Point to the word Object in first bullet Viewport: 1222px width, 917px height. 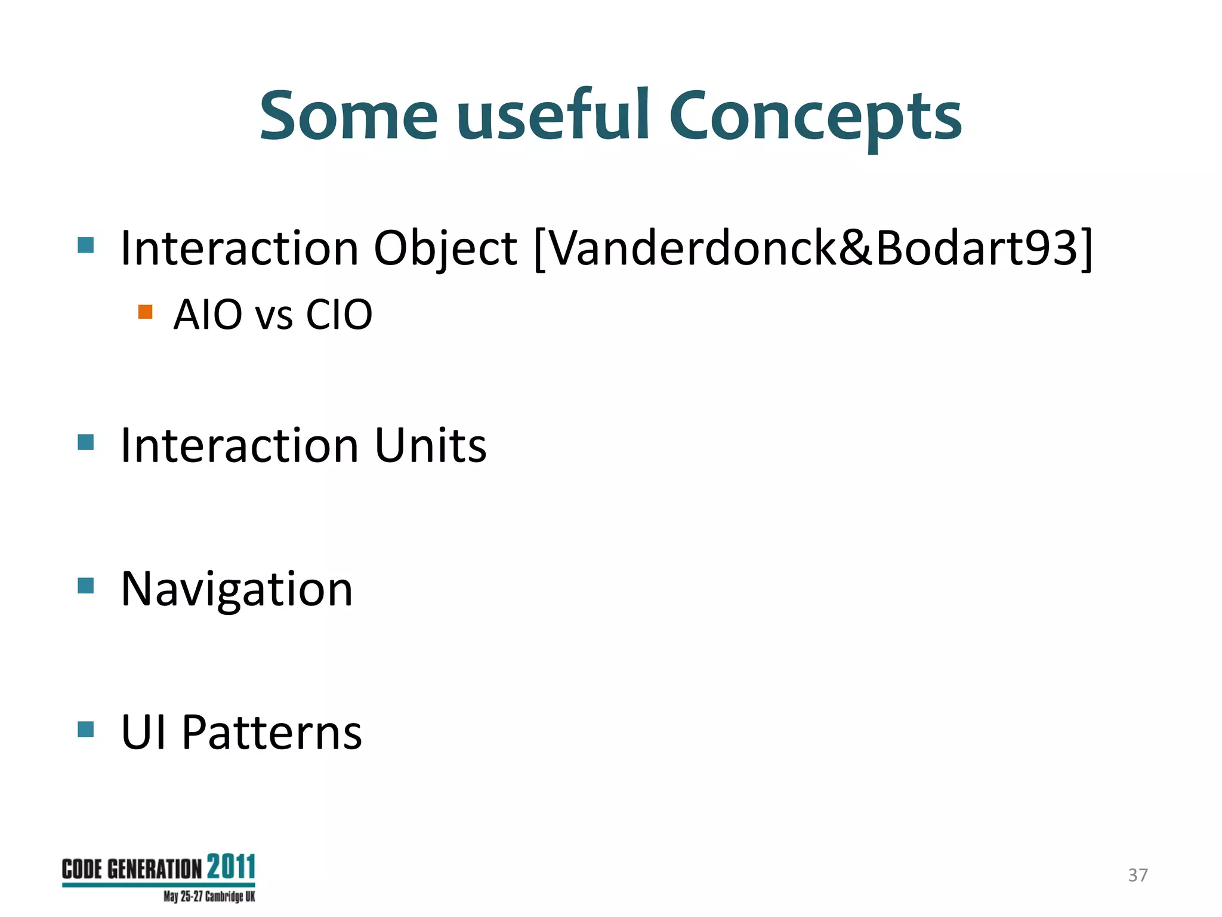pyautogui.click(x=445, y=250)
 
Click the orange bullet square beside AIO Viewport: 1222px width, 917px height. pyautogui.click(x=145, y=312)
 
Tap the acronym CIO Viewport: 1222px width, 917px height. pyautogui.click(x=339, y=315)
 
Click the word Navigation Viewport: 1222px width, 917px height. pyautogui.click(x=237, y=590)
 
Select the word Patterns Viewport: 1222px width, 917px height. pyautogui.click(x=271, y=733)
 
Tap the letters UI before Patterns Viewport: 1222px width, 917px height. pyautogui.click(x=143, y=733)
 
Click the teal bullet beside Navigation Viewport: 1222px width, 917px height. pyautogui.click(x=86, y=586)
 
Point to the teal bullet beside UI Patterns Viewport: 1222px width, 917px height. pyautogui.click(x=86, y=729)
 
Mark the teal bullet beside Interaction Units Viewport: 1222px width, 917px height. pyautogui.click(x=86, y=442)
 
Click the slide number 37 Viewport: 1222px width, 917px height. pyautogui.click(x=1137, y=875)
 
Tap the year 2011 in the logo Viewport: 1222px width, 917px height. pyautogui.click(x=231, y=867)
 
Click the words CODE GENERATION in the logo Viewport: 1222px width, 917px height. pyautogui.click(x=132, y=870)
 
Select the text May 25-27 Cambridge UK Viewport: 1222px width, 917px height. pyautogui.click(x=209, y=897)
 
